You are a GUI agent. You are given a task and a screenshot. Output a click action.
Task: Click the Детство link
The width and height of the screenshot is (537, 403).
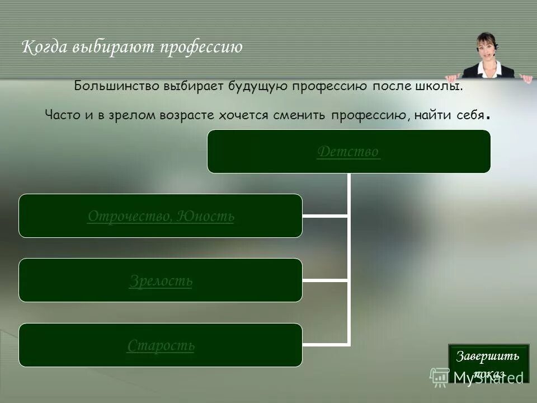click(x=348, y=152)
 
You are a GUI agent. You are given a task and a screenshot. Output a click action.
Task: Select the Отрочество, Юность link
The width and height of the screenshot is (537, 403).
click(x=161, y=216)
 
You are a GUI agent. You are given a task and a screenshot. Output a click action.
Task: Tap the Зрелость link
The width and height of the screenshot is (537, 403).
click(x=161, y=280)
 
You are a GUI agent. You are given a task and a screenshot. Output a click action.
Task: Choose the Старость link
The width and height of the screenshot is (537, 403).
click(x=161, y=345)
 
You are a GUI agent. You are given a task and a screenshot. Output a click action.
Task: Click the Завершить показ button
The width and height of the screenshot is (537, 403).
click(x=488, y=363)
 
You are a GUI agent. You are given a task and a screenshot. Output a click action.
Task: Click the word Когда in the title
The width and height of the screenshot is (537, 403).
click(x=45, y=47)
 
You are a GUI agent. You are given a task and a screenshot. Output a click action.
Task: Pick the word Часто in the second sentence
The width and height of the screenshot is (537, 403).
click(x=62, y=115)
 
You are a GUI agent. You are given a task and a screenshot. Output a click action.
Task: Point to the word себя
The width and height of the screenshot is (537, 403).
click(x=467, y=115)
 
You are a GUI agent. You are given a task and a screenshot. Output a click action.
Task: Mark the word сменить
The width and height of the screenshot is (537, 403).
click(x=298, y=115)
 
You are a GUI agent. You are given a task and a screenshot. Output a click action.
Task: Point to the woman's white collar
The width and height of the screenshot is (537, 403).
click(x=487, y=68)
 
